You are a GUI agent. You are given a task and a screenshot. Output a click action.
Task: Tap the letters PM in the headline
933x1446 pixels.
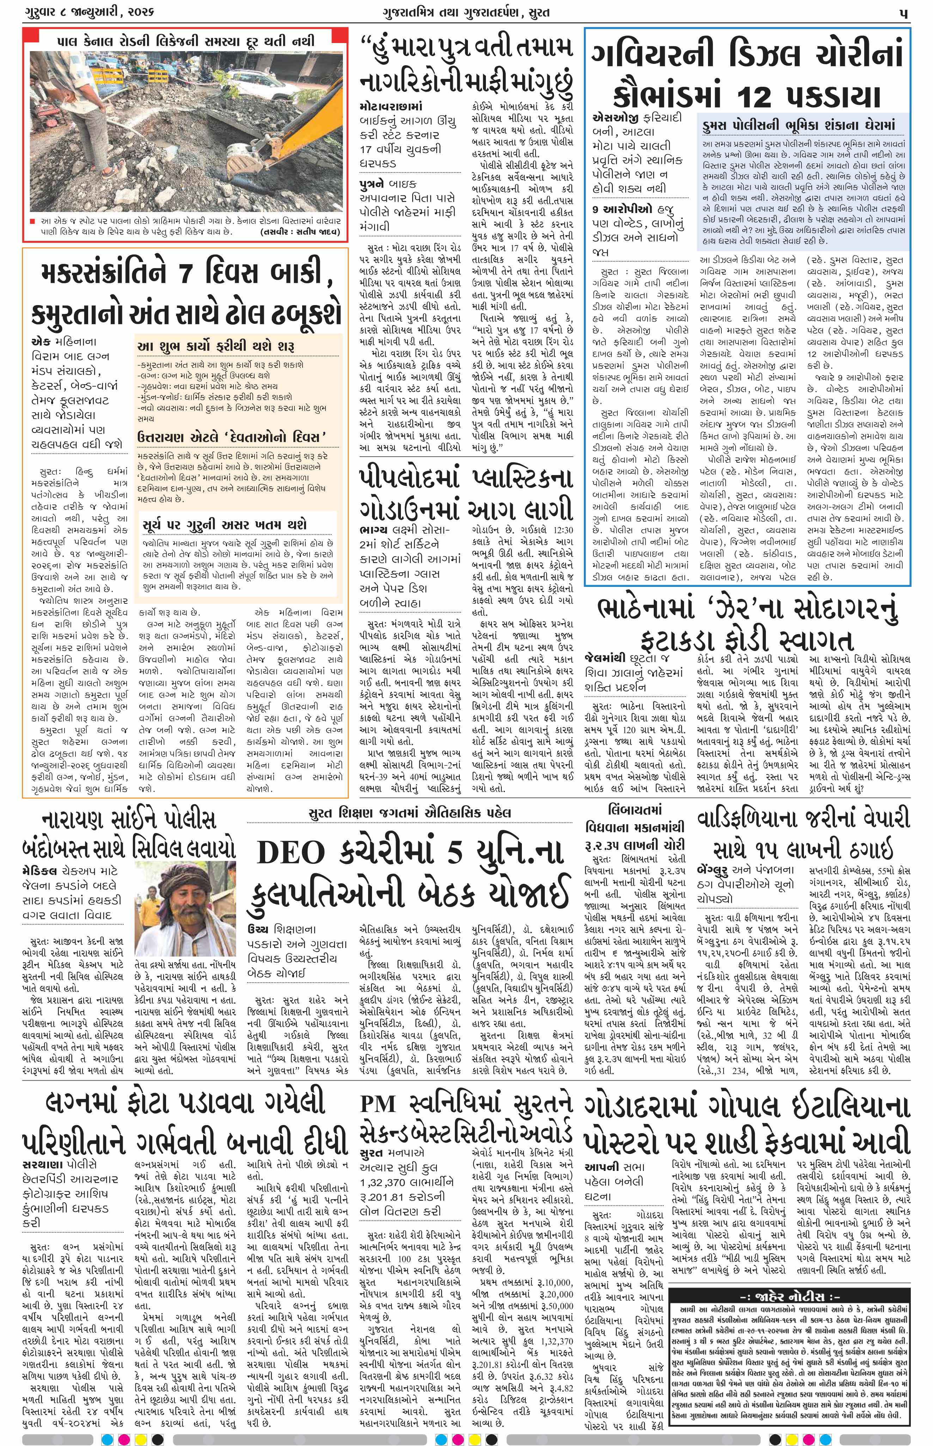pos(379,1104)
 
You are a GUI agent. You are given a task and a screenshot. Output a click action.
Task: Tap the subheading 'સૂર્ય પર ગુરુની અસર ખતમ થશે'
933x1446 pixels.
pos(225,524)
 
